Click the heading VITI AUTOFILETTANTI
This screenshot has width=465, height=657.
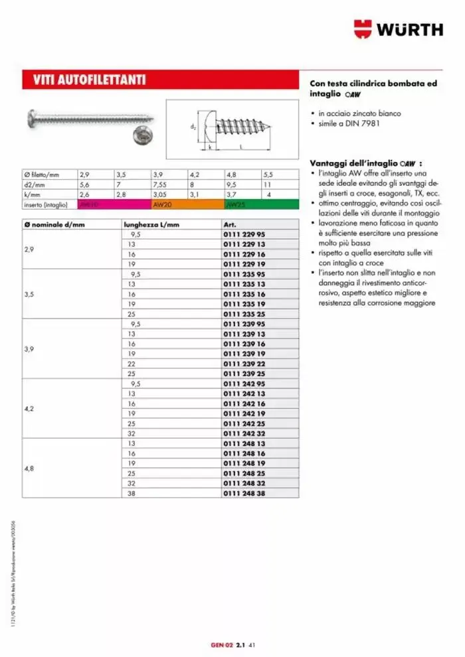(90, 81)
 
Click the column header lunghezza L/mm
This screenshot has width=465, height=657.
(151, 225)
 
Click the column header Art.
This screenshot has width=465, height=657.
(231, 225)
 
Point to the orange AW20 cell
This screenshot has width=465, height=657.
(188, 205)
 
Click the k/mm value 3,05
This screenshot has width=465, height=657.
(161, 195)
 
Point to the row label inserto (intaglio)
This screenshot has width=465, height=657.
(45, 205)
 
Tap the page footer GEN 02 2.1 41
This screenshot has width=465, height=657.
(229, 644)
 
